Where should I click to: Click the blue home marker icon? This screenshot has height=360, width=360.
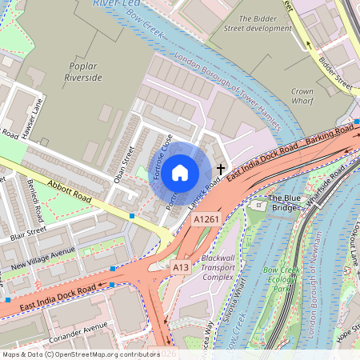point(180,172)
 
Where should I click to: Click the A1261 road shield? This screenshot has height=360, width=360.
point(206,218)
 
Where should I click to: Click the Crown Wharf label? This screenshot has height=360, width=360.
point(302,97)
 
